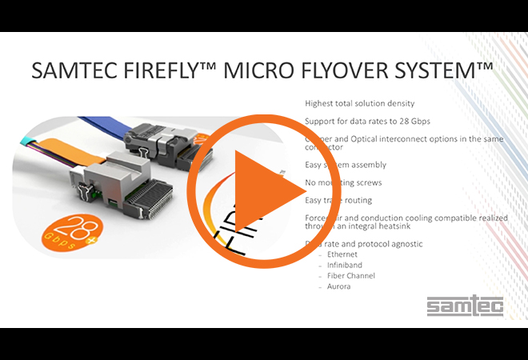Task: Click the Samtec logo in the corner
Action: (454, 306)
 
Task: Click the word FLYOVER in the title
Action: (323, 72)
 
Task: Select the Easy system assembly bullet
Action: (346, 165)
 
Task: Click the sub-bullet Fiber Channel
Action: (351, 276)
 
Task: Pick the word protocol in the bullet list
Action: (375, 244)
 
